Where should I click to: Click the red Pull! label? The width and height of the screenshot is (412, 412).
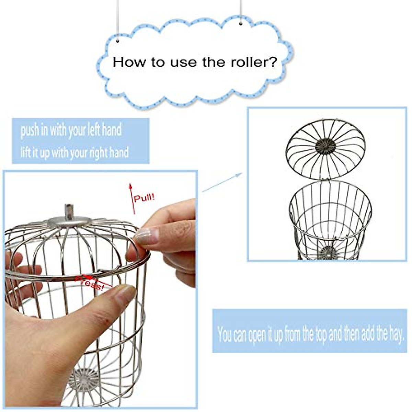144,198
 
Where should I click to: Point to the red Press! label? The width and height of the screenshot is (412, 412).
90,282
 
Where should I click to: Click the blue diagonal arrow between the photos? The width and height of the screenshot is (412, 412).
222,183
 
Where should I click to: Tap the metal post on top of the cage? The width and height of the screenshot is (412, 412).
69,211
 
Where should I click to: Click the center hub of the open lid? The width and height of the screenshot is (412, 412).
325,146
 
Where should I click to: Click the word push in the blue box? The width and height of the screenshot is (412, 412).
29,131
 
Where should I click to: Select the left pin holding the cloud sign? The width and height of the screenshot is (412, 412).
118,41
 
